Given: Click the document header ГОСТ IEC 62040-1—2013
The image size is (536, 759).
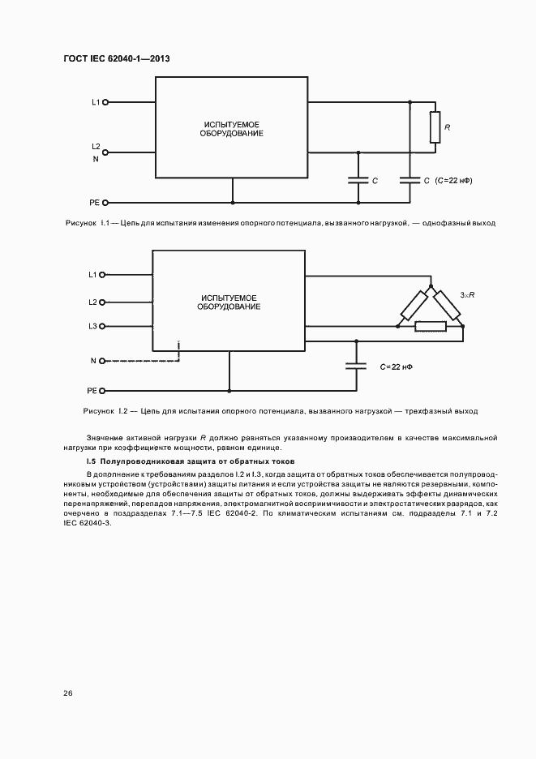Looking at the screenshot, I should coord(116,58).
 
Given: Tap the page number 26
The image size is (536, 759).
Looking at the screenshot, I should coord(68,693).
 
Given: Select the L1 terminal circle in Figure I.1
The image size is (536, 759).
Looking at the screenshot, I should coord(105,103).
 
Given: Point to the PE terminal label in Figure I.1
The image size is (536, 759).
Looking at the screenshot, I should coord(94,203).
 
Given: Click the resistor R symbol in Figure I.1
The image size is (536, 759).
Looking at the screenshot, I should coord(435,129).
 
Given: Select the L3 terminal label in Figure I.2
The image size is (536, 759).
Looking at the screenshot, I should coord(92,326).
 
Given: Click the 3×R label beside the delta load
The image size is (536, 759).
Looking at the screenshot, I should coord(467,296).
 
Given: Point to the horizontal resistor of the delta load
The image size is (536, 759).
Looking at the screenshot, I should coord(430,327).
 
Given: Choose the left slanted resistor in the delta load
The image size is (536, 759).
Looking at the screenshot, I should coord(414,305).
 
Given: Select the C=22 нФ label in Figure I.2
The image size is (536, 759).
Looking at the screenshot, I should coord(396,367).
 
